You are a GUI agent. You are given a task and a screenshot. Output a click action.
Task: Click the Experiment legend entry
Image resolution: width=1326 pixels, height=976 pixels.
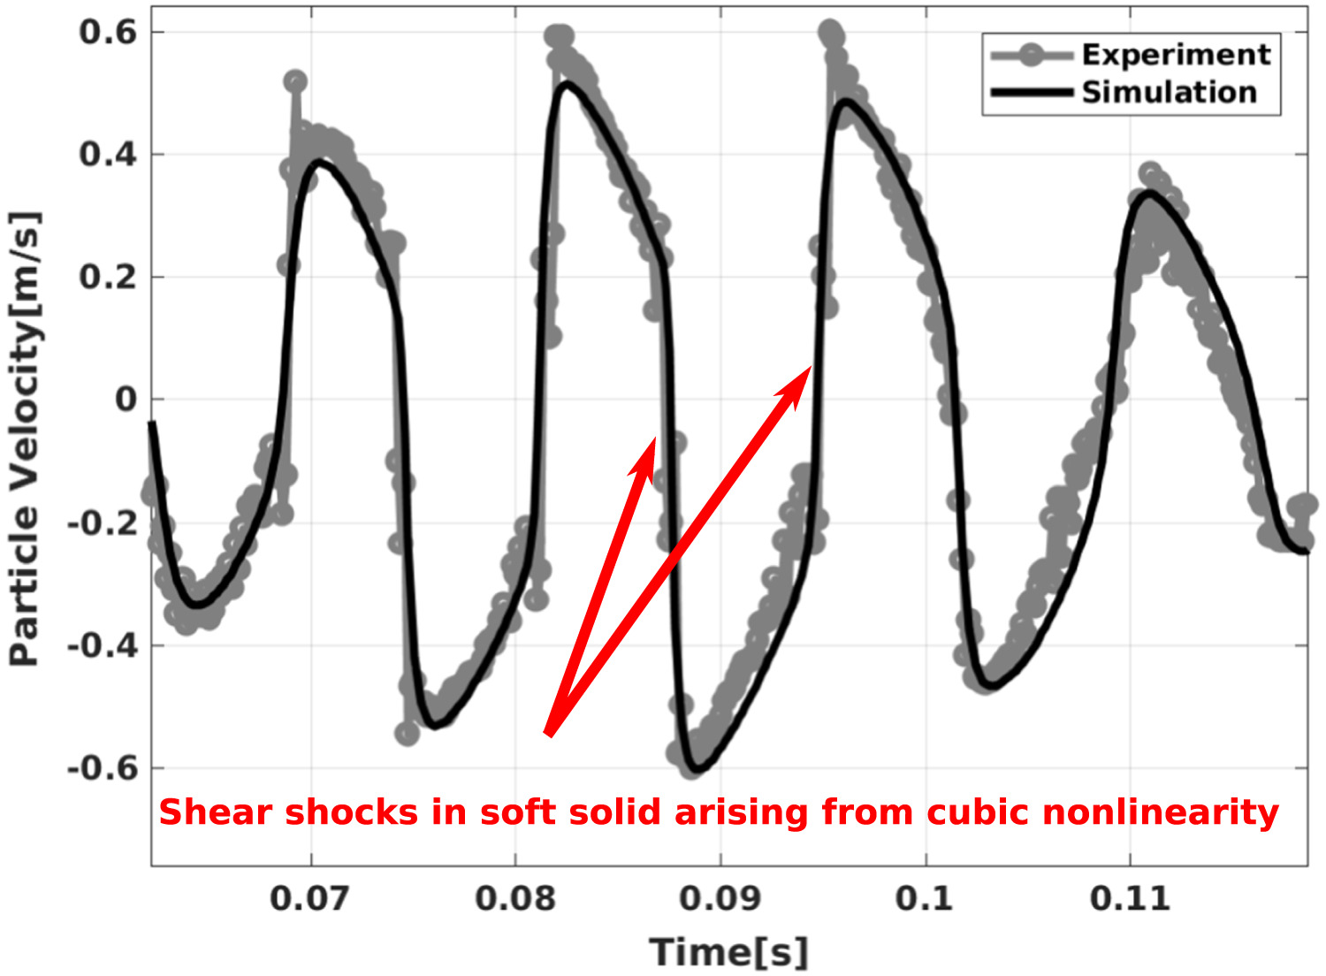1175,55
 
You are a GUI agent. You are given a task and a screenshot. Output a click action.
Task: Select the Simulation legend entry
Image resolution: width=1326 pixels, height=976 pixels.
1169,92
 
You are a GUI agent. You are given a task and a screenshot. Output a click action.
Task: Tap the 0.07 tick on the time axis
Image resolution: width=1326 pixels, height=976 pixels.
310,898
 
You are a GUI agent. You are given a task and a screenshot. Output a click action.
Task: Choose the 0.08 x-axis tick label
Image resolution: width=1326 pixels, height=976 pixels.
515,898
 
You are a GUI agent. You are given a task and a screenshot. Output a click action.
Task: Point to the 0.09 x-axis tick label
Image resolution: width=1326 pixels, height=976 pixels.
720,898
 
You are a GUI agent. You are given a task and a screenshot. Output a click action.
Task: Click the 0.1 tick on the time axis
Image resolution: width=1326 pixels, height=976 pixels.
925,898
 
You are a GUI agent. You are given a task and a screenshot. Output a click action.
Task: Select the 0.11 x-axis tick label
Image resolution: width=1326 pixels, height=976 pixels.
1130,898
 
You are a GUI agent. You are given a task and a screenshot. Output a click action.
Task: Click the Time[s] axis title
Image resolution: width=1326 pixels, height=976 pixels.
729,952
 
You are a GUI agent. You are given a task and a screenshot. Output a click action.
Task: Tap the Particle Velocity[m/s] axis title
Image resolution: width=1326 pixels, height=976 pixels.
25,439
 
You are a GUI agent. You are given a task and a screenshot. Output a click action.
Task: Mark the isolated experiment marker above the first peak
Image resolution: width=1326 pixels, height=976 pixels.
295,82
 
